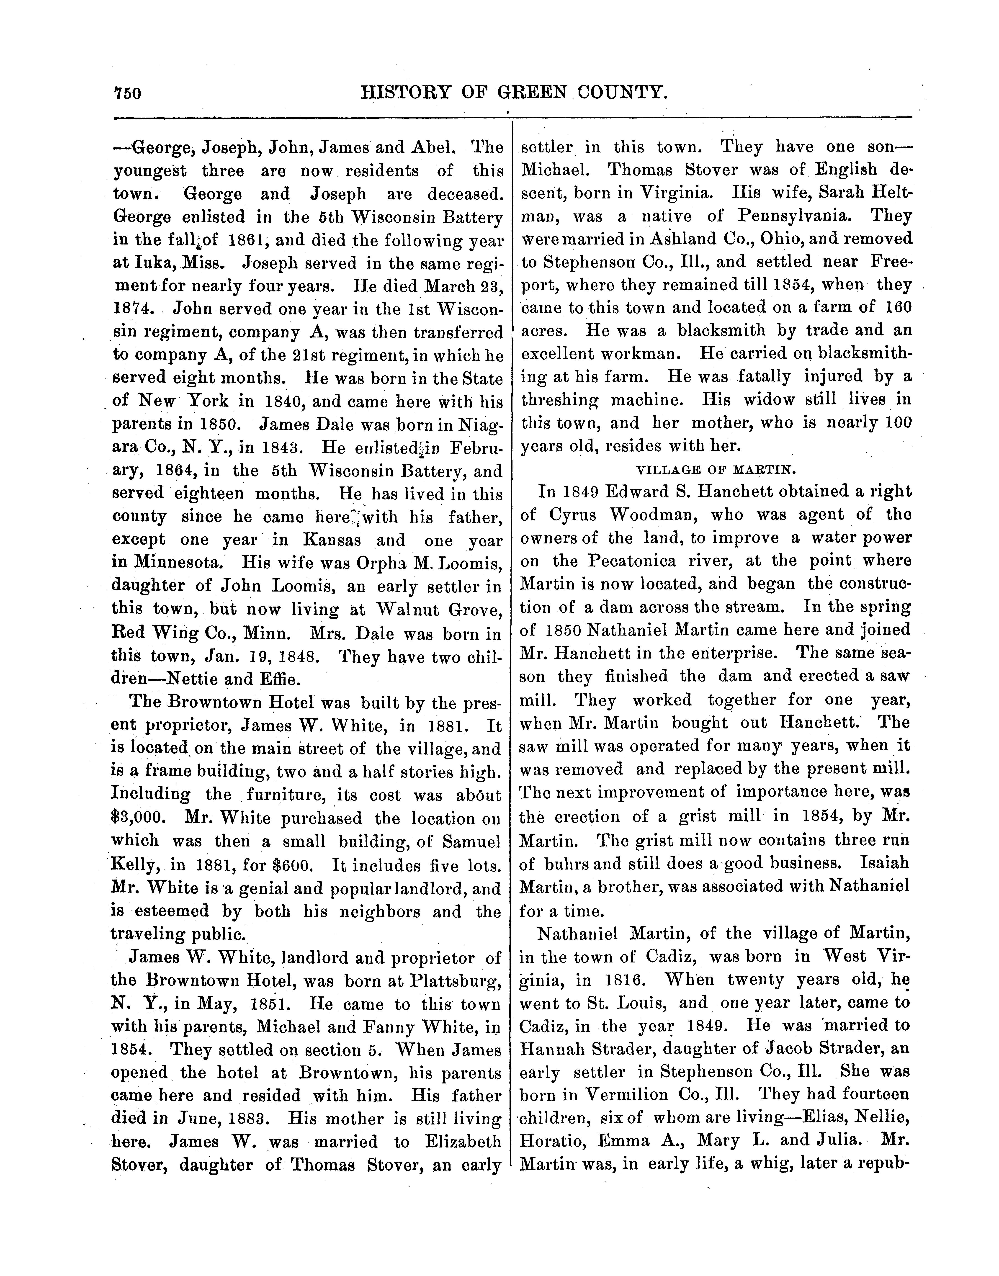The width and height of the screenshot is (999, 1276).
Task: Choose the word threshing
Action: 559,400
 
